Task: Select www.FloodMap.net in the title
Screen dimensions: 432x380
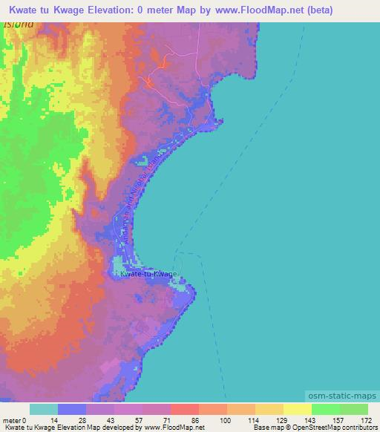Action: pos(249,10)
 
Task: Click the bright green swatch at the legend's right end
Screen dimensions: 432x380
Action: pos(353,409)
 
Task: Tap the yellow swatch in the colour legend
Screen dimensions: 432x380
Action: pos(297,409)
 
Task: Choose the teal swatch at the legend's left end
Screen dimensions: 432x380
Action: pos(43,409)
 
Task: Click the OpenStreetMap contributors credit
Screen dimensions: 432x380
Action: pos(330,428)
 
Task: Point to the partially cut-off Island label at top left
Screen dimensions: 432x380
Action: pos(19,24)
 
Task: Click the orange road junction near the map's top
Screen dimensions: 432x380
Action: pos(150,81)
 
